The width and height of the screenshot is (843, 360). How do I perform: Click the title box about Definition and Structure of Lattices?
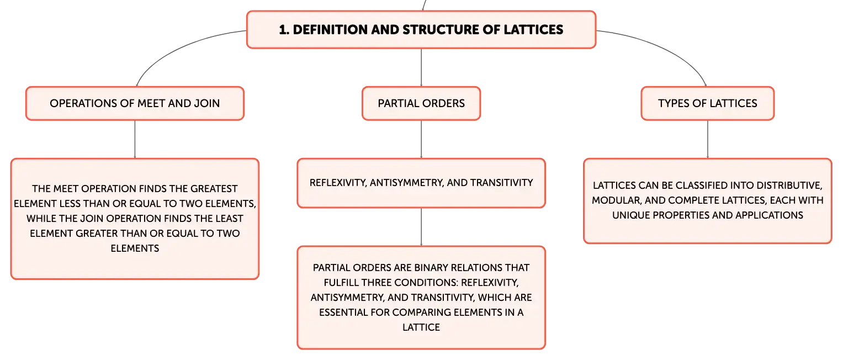click(x=421, y=29)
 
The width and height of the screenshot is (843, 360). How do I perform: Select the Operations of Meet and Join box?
click(x=135, y=103)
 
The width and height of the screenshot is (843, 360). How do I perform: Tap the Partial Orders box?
click(x=421, y=103)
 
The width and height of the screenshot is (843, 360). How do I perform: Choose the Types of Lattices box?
click(x=708, y=103)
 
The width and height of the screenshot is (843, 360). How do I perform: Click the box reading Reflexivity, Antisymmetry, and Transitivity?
click(x=421, y=183)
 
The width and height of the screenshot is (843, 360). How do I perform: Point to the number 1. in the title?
click(x=284, y=30)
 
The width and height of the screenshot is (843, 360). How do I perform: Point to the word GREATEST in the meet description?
click(x=214, y=189)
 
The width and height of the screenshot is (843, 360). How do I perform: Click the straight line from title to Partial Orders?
click(x=421, y=67)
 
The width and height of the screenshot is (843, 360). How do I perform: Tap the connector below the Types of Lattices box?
click(x=708, y=139)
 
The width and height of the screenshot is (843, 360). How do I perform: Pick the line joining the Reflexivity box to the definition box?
click(x=421, y=227)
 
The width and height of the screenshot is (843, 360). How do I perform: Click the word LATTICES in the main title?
click(x=533, y=30)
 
